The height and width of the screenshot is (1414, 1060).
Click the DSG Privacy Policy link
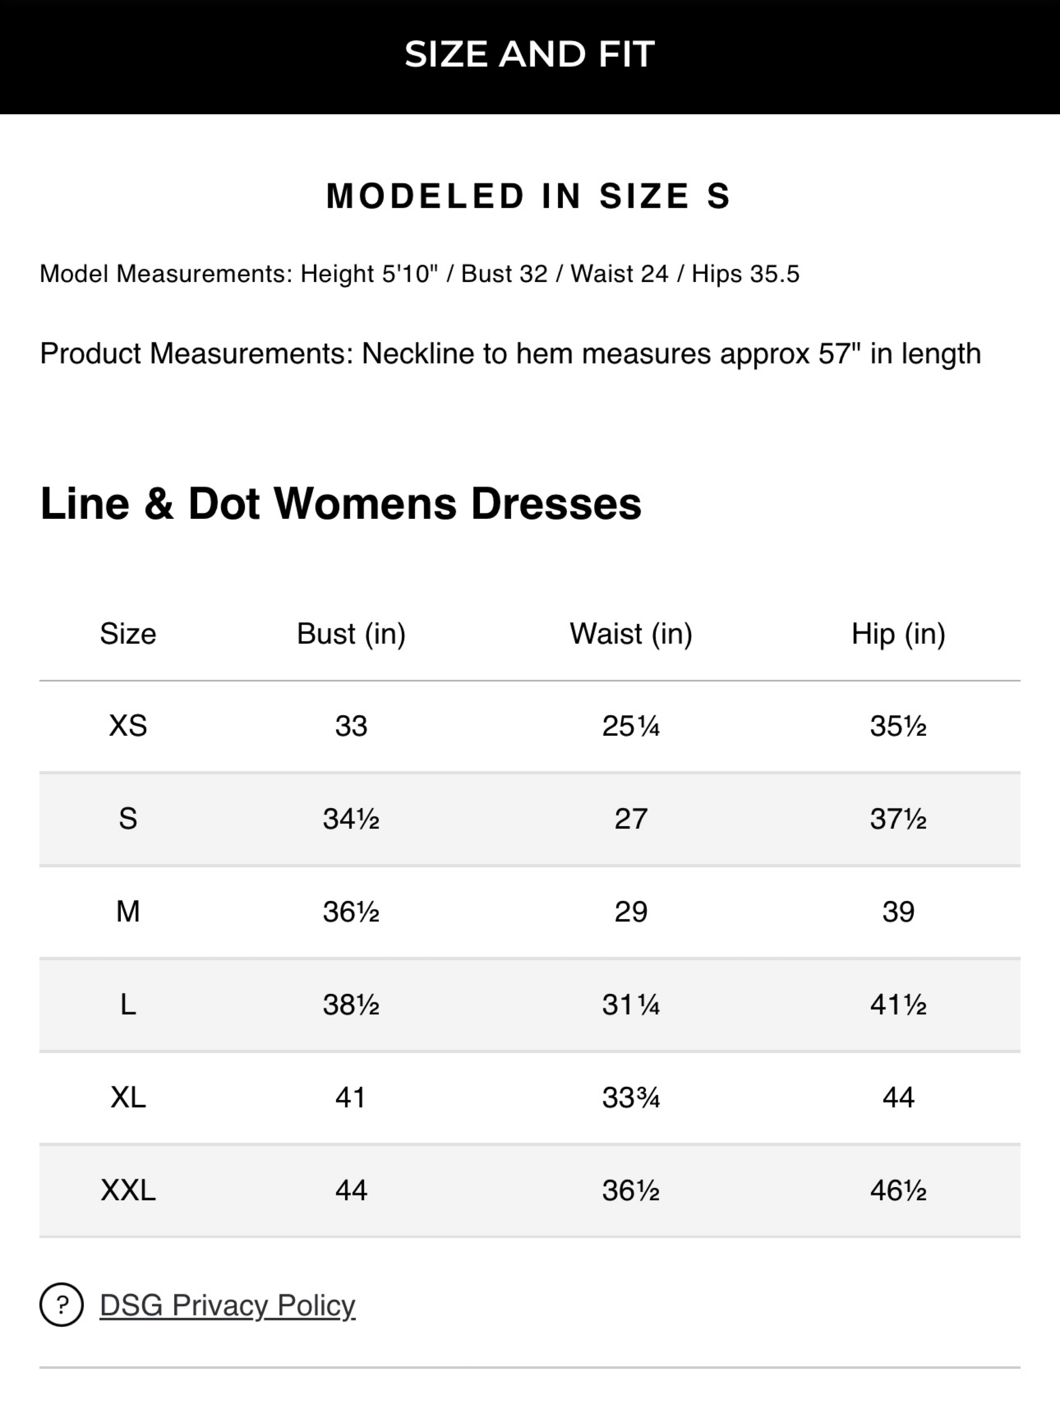click(227, 1305)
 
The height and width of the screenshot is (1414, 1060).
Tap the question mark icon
click(61, 1305)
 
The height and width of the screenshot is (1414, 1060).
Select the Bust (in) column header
click(351, 634)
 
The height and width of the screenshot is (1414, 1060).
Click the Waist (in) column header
click(631, 634)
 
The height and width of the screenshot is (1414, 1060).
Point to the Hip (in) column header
click(899, 634)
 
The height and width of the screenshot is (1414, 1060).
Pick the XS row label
click(128, 726)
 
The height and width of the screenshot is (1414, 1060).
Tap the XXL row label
click(128, 1190)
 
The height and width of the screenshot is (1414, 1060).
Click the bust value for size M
click(351, 912)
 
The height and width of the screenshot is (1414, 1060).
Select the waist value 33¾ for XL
click(631, 1097)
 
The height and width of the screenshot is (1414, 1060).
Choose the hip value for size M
click(899, 912)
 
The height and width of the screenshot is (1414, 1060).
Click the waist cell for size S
click(631, 819)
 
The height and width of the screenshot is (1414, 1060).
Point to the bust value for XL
click(351, 1097)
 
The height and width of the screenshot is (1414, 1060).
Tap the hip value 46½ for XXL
click(899, 1190)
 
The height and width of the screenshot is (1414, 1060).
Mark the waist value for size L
click(631, 1005)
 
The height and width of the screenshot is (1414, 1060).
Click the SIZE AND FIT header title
click(530, 54)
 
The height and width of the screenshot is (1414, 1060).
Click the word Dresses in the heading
click(556, 504)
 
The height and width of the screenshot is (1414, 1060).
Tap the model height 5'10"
click(410, 274)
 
